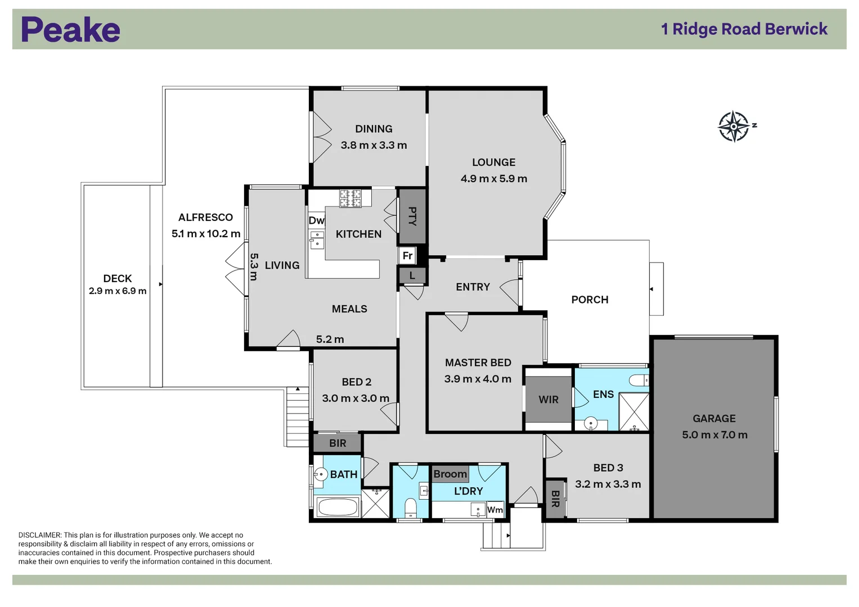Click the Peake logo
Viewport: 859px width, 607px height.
click(x=70, y=29)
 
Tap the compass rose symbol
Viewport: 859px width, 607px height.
click(x=734, y=126)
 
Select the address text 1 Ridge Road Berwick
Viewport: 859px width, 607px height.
click(x=744, y=29)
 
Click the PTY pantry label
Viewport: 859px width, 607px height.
click(x=413, y=216)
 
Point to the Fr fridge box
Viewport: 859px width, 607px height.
click(x=407, y=255)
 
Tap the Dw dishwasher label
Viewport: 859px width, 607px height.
click(x=316, y=220)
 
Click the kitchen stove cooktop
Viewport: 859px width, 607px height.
click(x=350, y=198)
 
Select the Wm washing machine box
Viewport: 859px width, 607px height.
click(x=494, y=510)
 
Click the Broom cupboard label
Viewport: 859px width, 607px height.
click(x=450, y=474)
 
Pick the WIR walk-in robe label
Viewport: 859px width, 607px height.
click(x=548, y=400)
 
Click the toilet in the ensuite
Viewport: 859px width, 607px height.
click(x=638, y=380)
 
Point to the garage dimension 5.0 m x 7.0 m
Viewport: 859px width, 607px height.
click(x=715, y=435)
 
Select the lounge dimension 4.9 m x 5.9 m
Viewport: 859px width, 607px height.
click(x=494, y=179)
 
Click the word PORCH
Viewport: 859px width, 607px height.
click(x=590, y=300)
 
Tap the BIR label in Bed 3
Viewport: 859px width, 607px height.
click(x=555, y=499)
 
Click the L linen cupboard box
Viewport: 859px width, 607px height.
click(x=412, y=275)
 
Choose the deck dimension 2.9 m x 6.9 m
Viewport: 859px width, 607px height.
click(x=118, y=291)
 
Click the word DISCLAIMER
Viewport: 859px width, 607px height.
click(x=40, y=535)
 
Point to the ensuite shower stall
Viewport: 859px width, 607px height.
click(x=634, y=411)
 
